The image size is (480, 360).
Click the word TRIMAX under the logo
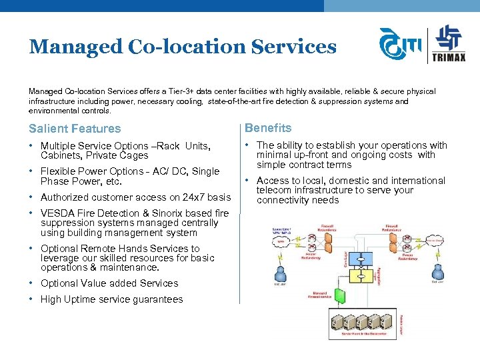click(451, 57)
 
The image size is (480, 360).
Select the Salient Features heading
click(75, 129)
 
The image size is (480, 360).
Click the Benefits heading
click(268, 128)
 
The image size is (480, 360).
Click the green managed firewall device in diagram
click(340, 296)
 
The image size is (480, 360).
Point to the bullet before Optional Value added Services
click(31, 283)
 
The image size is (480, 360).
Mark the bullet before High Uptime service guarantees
click(31, 299)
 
